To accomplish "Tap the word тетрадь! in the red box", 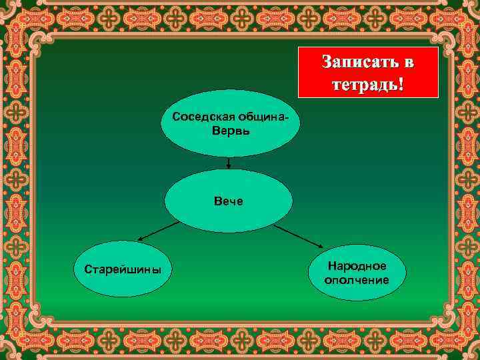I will (x=367, y=85).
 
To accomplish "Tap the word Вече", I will (x=229, y=200).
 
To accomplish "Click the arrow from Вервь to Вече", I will (x=229, y=163).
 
